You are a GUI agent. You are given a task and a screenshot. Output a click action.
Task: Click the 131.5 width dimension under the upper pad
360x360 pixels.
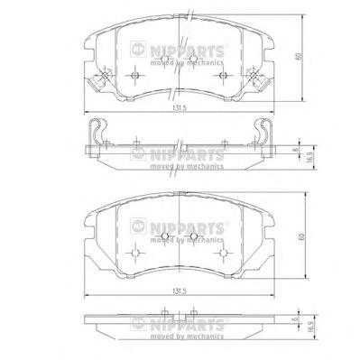point(180,108)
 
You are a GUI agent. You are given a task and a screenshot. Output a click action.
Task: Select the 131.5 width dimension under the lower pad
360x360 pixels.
point(180,291)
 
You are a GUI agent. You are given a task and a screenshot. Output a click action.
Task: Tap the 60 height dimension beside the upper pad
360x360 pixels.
point(299,56)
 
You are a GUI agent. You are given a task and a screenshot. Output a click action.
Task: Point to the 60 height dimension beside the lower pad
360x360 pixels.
point(301,236)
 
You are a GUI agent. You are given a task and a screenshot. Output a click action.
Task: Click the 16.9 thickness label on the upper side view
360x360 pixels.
point(309,158)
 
